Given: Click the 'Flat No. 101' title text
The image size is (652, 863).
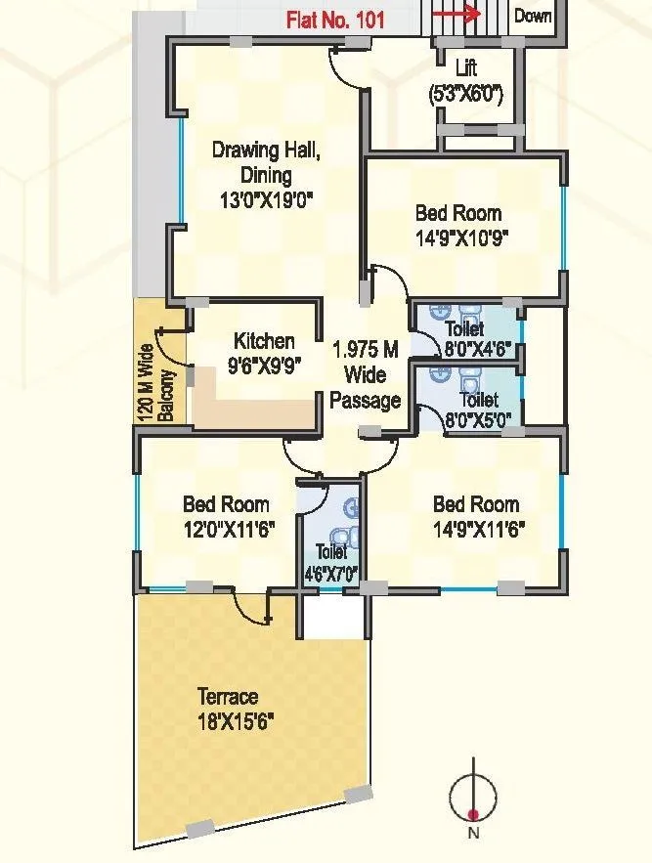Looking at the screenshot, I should tap(335, 19).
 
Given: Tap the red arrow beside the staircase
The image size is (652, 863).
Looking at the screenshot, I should tap(456, 14).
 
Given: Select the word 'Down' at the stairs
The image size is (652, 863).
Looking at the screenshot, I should tap(533, 16).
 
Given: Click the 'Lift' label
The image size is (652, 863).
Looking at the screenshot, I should tap(467, 68).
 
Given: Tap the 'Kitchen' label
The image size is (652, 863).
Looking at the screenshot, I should tap(264, 341).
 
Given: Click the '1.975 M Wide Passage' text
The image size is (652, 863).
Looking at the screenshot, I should tap(366, 374).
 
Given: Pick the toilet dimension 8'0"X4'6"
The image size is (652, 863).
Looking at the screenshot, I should tap(463, 349).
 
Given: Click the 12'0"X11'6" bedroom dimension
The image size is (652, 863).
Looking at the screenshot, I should tap(227, 530).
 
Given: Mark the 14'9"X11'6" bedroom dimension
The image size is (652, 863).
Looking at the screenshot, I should tap(476, 530).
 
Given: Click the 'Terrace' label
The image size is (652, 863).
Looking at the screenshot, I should tap(228, 697).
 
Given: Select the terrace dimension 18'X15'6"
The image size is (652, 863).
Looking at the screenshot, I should tap(235, 722).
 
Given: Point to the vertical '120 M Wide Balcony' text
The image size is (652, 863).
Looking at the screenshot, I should tap(154, 381).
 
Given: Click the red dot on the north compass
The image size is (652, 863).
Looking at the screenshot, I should tap(473, 813).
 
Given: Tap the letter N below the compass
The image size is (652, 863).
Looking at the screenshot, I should tap(473, 834).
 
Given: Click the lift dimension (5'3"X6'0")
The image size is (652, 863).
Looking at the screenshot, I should tap(467, 95).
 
